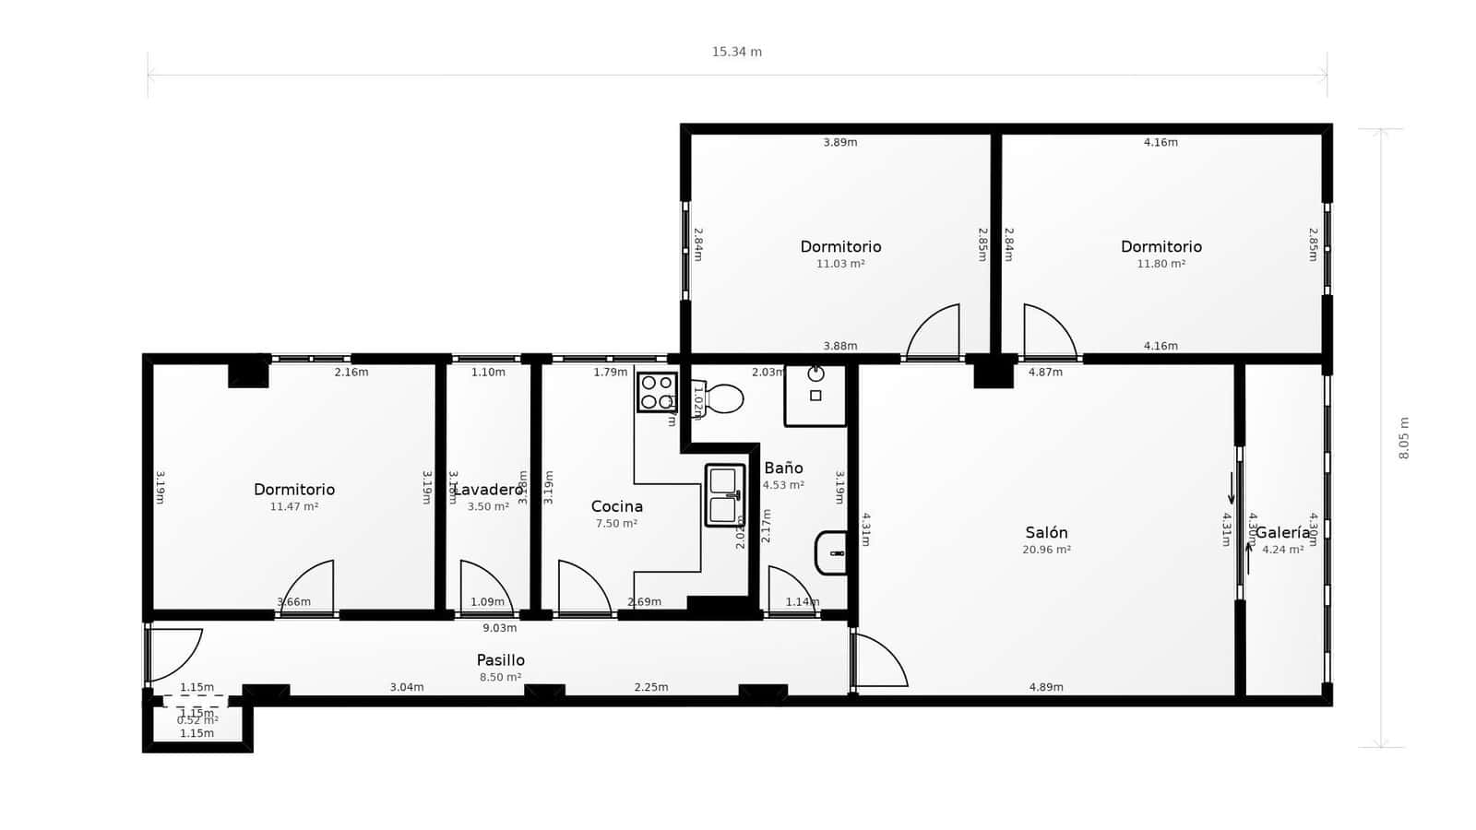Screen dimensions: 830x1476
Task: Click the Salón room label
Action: (x=1046, y=533)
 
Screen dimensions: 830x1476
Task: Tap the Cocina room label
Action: (x=616, y=506)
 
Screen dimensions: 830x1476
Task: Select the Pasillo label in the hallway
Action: (x=500, y=660)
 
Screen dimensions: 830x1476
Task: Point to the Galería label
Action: (x=1282, y=533)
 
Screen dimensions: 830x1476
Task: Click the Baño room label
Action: (x=783, y=468)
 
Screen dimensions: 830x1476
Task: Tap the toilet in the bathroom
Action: (x=721, y=398)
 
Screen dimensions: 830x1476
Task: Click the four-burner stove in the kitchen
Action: (x=657, y=392)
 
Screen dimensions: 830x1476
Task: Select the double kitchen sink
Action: (x=724, y=495)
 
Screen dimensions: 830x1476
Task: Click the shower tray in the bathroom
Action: (x=815, y=395)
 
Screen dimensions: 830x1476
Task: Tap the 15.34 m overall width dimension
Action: (x=736, y=52)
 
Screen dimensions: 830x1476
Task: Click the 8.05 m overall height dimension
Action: (x=1404, y=438)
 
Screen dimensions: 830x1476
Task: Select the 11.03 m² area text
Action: (x=839, y=264)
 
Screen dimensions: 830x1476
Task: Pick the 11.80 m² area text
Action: (x=1161, y=264)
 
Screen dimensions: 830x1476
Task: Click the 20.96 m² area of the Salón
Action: (x=1046, y=550)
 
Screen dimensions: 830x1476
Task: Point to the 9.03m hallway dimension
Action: (x=500, y=628)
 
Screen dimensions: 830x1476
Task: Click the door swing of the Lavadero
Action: (x=486, y=585)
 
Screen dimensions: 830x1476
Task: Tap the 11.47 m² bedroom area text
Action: (x=293, y=506)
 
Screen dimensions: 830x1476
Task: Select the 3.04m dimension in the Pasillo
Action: (x=406, y=687)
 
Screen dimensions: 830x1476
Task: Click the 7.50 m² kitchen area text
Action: (x=616, y=523)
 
